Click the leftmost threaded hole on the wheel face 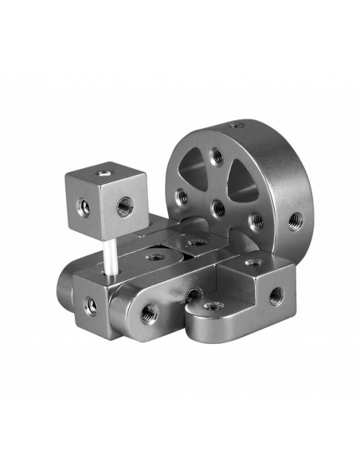[182, 193]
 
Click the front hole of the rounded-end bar [148, 315]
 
